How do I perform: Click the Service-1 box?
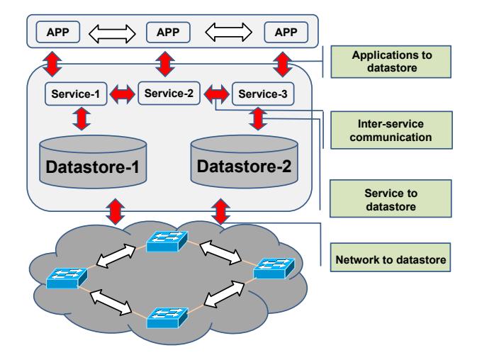click(x=76, y=94)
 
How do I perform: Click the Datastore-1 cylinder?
click(x=93, y=163)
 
